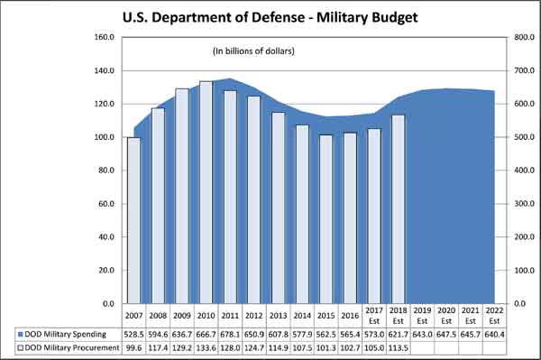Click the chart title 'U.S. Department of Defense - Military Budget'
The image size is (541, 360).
click(271, 16)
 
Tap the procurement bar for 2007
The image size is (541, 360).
click(133, 220)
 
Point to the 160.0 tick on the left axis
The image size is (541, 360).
click(103, 38)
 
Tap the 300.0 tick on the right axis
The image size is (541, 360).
click(525, 204)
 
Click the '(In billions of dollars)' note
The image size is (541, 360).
click(253, 51)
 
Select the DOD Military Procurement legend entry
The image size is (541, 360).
click(68, 347)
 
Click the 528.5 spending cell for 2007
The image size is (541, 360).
click(133, 333)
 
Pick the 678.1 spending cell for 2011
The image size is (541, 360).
click(229, 333)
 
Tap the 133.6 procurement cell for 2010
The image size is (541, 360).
click(206, 347)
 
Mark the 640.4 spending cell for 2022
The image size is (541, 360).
click(494, 333)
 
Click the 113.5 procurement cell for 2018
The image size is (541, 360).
click(398, 347)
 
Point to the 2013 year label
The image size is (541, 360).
click(278, 315)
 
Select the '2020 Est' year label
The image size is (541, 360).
click(445, 315)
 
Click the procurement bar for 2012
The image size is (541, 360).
click(253, 199)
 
